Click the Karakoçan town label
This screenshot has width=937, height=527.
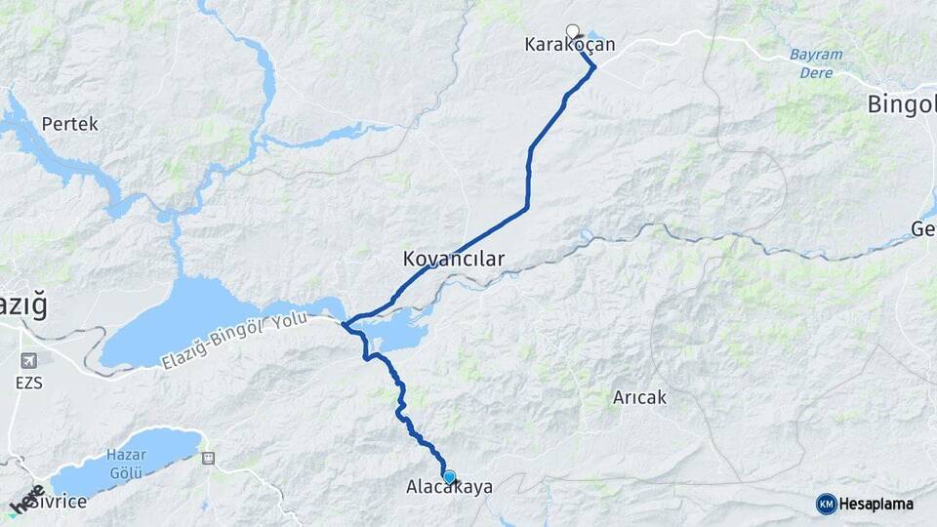[570, 45]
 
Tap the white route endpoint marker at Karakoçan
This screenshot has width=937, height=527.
[573, 30]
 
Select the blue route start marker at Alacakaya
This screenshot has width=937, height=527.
[449, 477]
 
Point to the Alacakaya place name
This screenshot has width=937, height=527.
[449, 487]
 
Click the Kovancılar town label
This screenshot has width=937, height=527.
[453, 260]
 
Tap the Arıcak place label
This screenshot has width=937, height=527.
[639, 397]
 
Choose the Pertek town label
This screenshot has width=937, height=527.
[69, 125]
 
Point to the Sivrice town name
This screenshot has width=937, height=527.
[56, 502]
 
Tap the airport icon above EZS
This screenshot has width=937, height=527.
[28, 360]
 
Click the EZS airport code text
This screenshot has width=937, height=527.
[28, 384]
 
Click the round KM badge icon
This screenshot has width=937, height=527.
[826, 504]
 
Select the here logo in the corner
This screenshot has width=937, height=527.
[26, 500]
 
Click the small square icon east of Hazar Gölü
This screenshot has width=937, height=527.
[207, 457]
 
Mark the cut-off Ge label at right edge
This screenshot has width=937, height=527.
[922, 229]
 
